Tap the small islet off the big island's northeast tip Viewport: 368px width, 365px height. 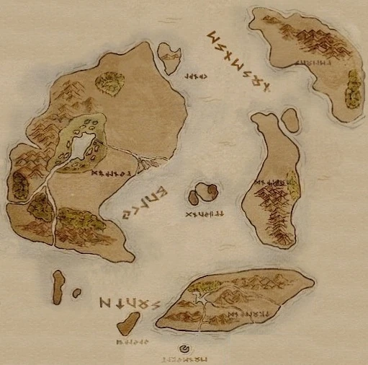tap(170, 58)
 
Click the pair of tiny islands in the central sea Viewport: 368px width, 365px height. tap(202, 193)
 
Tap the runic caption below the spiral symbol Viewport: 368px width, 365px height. tap(185, 358)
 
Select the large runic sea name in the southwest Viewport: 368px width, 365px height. tap(129, 303)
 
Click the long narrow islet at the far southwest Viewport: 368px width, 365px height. tap(58, 287)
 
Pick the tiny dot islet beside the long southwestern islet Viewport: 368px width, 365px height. tap(76, 293)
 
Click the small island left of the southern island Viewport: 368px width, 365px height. tap(129, 324)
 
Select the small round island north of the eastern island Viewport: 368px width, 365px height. tap(290, 120)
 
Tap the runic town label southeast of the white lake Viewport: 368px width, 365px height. tap(111, 175)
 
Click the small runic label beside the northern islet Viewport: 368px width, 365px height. tap(196, 76)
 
